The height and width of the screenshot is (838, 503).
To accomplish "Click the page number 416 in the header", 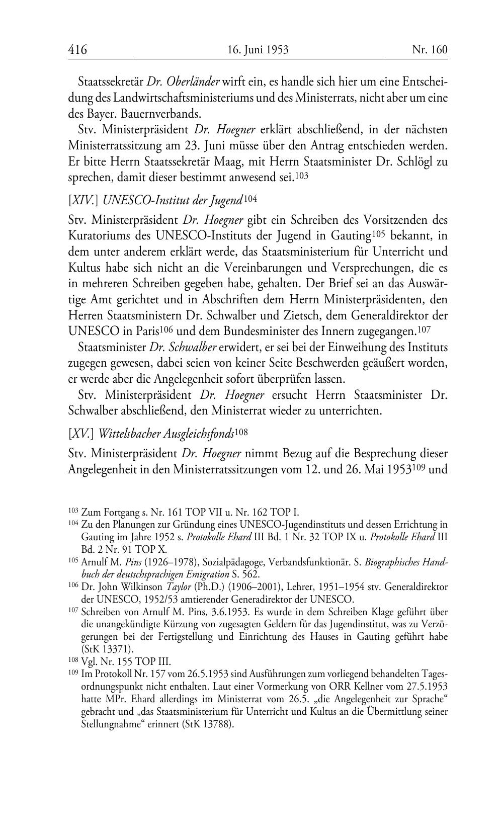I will [77, 49].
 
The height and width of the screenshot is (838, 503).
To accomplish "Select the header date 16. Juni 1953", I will [258, 49].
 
